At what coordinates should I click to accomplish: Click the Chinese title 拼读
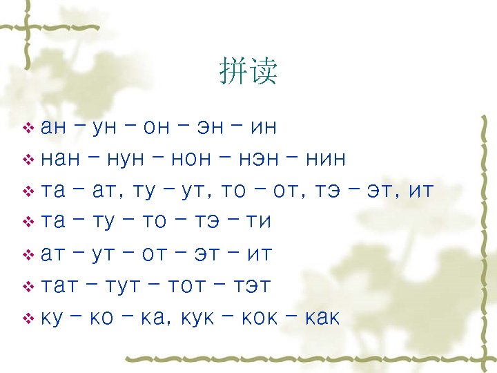point(248,72)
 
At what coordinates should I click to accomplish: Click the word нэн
point(262,160)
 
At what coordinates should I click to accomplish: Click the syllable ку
point(53,318)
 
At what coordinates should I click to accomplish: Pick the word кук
point(198,318)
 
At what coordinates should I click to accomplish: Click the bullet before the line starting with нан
point(28,160)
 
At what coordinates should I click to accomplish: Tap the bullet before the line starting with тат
point(28,286)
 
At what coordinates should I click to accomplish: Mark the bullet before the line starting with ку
point(28,318)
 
